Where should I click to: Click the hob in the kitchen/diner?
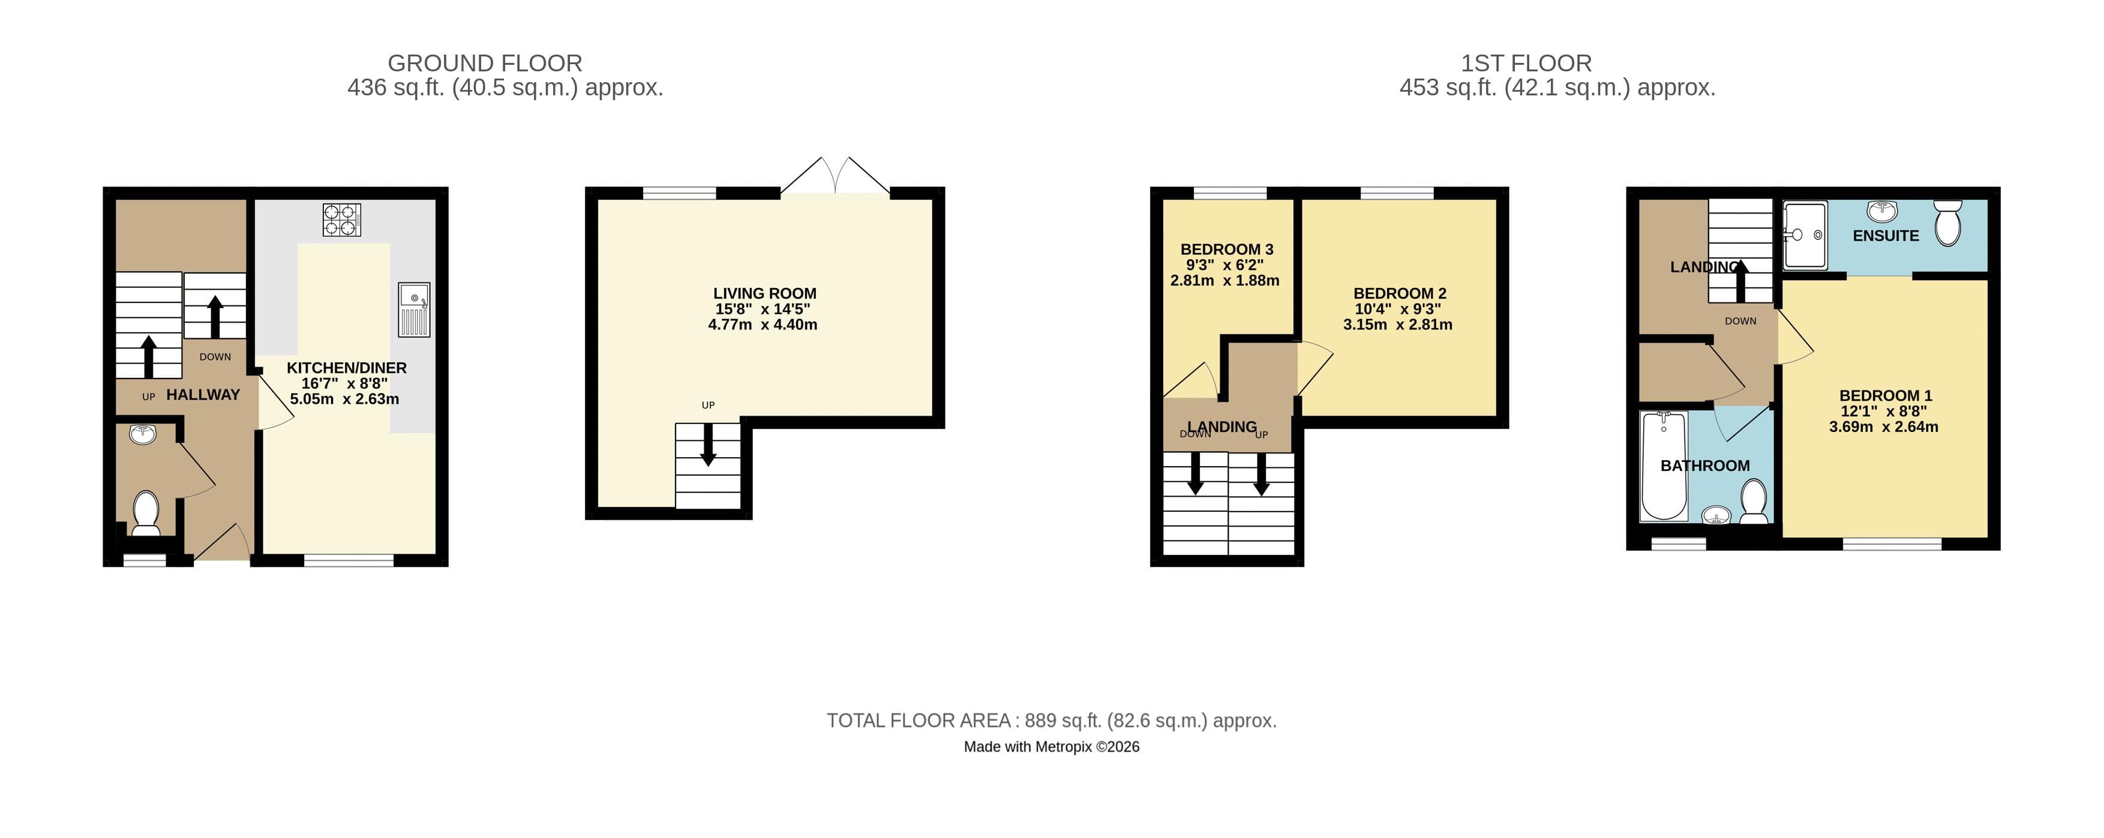click(x=341, y=220)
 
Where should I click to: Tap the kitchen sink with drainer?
click(x=414, y=310)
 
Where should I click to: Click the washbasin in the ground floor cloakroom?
click(x=143, y=433)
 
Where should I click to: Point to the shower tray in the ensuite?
click(x=1804, y=235)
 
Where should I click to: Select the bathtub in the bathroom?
click(x=1664, y=465)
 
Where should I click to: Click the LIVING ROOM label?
click(x=764, y=293)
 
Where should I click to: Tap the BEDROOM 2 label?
click(x=1400, y=293)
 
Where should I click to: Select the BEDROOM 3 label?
click(x=1227, y=249)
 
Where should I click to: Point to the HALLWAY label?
click(x=203, y=395)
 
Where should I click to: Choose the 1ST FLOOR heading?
click(x=1526, y=63)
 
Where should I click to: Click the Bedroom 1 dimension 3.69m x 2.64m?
click(x=1883, y=426)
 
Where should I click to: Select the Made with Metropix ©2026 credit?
click(x=1051, y=747)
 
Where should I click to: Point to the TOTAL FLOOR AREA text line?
click(x=1051, y=720)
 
